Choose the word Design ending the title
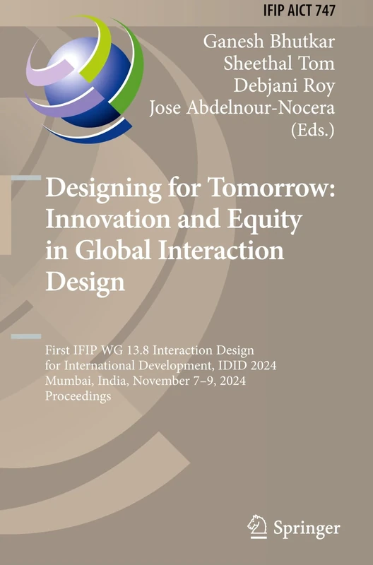tap(85, 280)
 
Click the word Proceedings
tap(79, 398)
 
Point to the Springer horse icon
tap(256, 525)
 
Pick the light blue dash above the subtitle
tap(26, 335)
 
